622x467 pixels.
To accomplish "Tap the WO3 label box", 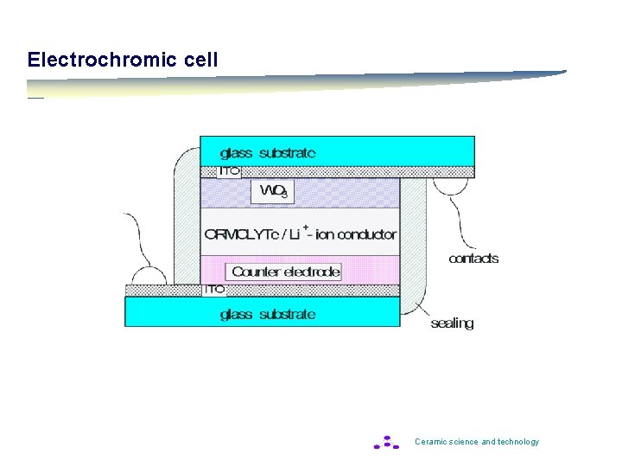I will (x=272, y=191).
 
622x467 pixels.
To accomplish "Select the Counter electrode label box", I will (x=285, y=272).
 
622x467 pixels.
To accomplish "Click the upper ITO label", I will (x=229, y=171).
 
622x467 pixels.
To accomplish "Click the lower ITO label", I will (x=214, y=290).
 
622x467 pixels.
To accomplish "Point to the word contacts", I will (x=473, y=259).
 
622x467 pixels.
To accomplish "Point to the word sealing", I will (x=452, y=323).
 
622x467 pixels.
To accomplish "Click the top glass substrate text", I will (x=268, y=153).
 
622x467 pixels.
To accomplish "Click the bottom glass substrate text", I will (x=268, y=314).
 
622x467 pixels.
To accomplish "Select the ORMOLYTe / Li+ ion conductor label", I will (x=300, y=233).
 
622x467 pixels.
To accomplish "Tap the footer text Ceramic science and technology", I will (x=477, y=442).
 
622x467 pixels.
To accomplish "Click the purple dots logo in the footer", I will (x=386, y=443).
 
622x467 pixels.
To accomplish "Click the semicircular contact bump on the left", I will (x=149, y=277).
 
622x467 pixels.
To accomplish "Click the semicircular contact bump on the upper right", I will (x=449, y=185).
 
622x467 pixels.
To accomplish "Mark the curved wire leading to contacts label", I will (x=458, y=221).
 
